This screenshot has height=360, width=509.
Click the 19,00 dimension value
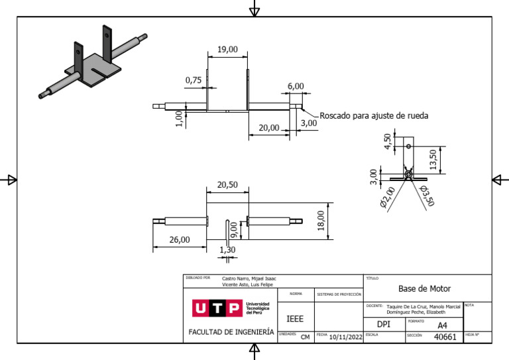point(227,50)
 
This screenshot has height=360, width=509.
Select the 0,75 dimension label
point(194,80)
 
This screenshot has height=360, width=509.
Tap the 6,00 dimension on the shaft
point(296,86)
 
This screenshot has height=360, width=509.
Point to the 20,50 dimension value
point(227,186)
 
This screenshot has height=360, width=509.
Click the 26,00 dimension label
point(179,240)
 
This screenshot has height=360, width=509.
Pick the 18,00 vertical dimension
point(321,219)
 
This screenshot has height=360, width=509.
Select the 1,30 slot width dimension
point(227,250)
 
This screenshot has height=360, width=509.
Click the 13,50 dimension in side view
point(433,158)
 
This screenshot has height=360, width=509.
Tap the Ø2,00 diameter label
point(387,198)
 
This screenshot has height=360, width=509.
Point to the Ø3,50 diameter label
point(426,196)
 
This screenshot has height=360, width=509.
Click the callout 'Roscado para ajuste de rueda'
point(374,115)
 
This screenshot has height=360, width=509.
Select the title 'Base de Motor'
point(424,288)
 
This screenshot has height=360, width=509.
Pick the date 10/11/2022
point(345,337)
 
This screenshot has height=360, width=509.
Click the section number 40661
point(445,337)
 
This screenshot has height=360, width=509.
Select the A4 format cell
point(443,326)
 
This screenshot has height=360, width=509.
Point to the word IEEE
point(295,319)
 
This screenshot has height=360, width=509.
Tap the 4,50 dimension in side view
point(388,141)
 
